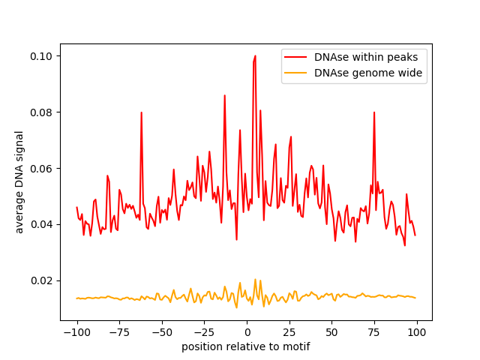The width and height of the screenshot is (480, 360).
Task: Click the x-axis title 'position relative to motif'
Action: pos(246,347)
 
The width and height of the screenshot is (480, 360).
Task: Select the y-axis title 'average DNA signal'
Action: pos(20,181)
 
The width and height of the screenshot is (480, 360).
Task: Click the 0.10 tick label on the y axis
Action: pos(42,56)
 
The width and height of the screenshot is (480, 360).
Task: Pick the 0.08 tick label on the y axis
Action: pos(42,112)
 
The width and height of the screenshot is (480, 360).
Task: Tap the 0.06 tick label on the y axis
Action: pos(42,169)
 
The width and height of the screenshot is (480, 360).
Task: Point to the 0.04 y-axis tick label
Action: pos(42,224)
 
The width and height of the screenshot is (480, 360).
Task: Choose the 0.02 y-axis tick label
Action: pos(42,280)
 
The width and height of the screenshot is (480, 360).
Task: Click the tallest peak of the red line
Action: pos(255,55)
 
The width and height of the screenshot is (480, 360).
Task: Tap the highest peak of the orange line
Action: pos(255,280)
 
